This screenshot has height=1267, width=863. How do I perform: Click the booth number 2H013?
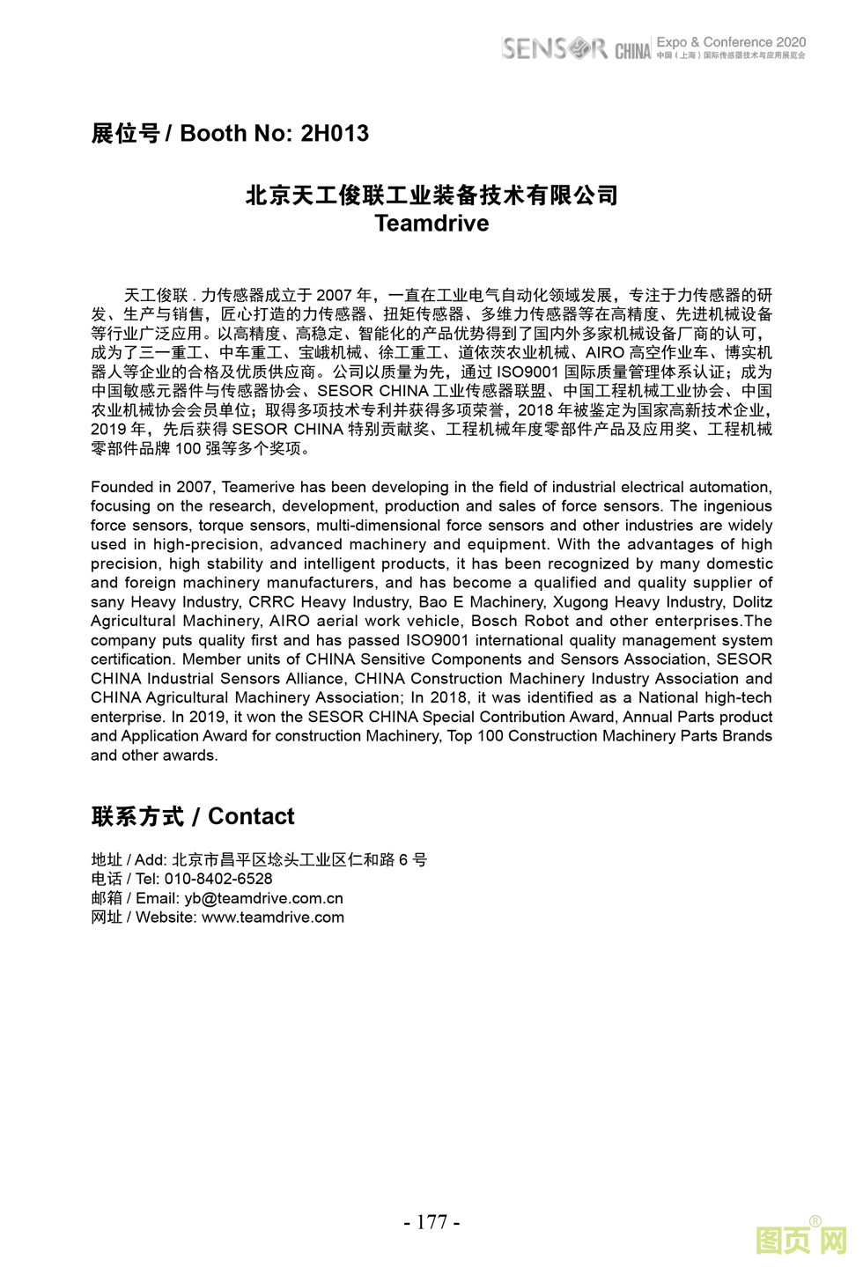335,134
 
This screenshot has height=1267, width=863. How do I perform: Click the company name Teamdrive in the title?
431,224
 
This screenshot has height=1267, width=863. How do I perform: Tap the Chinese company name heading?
431,195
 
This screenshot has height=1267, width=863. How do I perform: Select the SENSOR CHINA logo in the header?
576,48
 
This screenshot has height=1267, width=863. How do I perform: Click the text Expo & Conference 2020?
731,41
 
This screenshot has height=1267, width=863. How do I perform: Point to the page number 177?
431,1221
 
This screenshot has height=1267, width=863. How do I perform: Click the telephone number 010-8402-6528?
218,879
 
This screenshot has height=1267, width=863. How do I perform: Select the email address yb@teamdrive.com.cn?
263,898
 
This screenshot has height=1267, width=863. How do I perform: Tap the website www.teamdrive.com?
273,917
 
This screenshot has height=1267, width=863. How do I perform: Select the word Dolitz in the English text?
752,602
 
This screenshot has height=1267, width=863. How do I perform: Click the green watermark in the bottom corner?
800,1240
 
